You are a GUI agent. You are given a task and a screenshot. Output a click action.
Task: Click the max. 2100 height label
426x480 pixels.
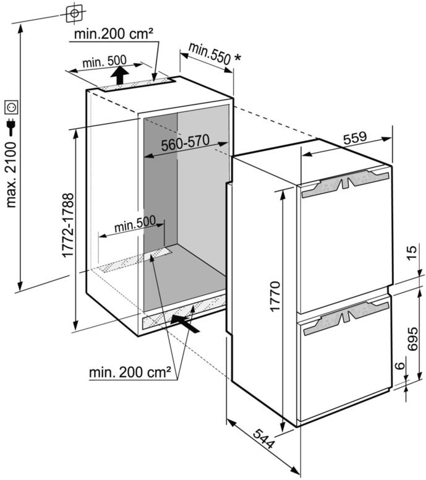point(12,174)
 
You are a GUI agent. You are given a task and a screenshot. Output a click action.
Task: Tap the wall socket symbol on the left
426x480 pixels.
point(12,108)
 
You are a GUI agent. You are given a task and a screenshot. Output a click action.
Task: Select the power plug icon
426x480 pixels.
point(12,127)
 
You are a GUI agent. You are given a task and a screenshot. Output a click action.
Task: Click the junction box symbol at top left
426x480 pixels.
point(74,13)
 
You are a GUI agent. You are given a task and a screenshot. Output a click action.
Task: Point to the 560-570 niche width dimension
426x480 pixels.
point(185,143)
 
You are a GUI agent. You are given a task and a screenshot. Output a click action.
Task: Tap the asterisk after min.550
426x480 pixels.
point(237,58)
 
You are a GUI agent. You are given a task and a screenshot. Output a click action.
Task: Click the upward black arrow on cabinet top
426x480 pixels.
point(119,75)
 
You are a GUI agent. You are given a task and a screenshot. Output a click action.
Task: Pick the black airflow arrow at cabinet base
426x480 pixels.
point(185,324)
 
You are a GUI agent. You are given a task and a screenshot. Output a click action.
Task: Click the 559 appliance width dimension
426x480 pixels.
point(355,138)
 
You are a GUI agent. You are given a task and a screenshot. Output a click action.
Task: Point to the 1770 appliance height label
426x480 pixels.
point(275,296)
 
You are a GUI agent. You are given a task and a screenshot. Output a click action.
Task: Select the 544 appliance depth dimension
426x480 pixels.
point(263,439)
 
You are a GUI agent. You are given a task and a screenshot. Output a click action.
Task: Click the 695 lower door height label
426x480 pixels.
point(412,339)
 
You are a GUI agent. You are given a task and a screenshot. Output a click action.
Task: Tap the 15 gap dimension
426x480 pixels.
point(412,252)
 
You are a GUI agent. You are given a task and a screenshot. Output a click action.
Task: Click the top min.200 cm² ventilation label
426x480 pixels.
point(114,33)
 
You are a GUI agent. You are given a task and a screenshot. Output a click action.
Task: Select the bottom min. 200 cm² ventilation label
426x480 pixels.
point(130,372)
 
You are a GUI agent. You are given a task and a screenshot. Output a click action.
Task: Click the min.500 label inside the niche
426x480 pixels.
point(135,225)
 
